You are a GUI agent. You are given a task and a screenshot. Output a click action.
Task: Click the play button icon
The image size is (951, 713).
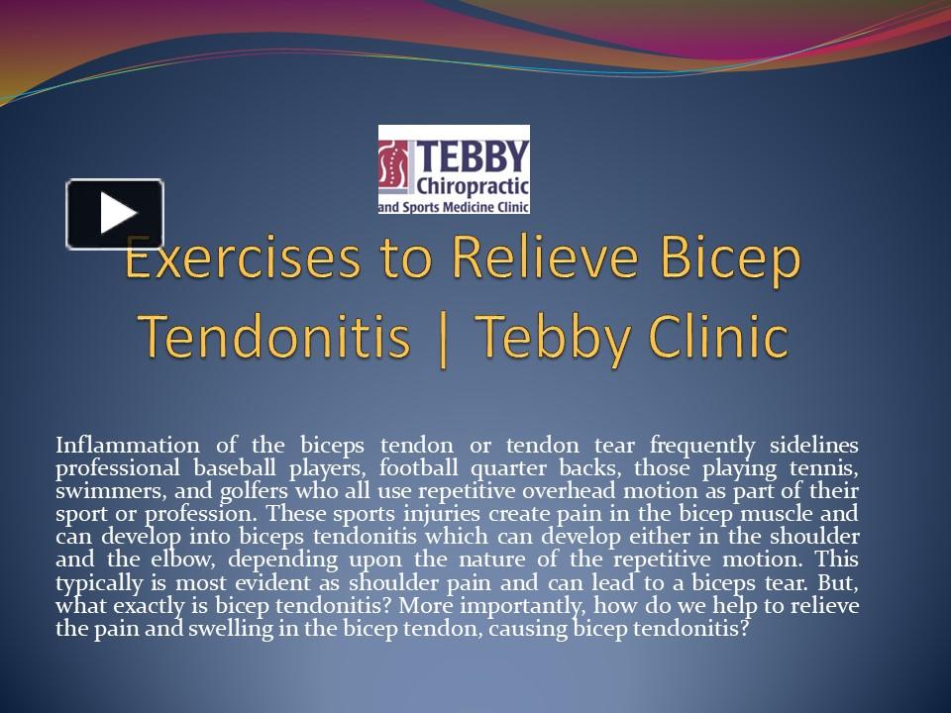pos(115,213)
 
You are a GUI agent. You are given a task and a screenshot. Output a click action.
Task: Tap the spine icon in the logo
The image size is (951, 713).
pos(396,167)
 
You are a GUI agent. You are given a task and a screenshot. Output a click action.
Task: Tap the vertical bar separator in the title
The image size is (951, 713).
pos(443,338)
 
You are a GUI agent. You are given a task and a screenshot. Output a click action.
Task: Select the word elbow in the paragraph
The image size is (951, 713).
pos(187,560)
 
